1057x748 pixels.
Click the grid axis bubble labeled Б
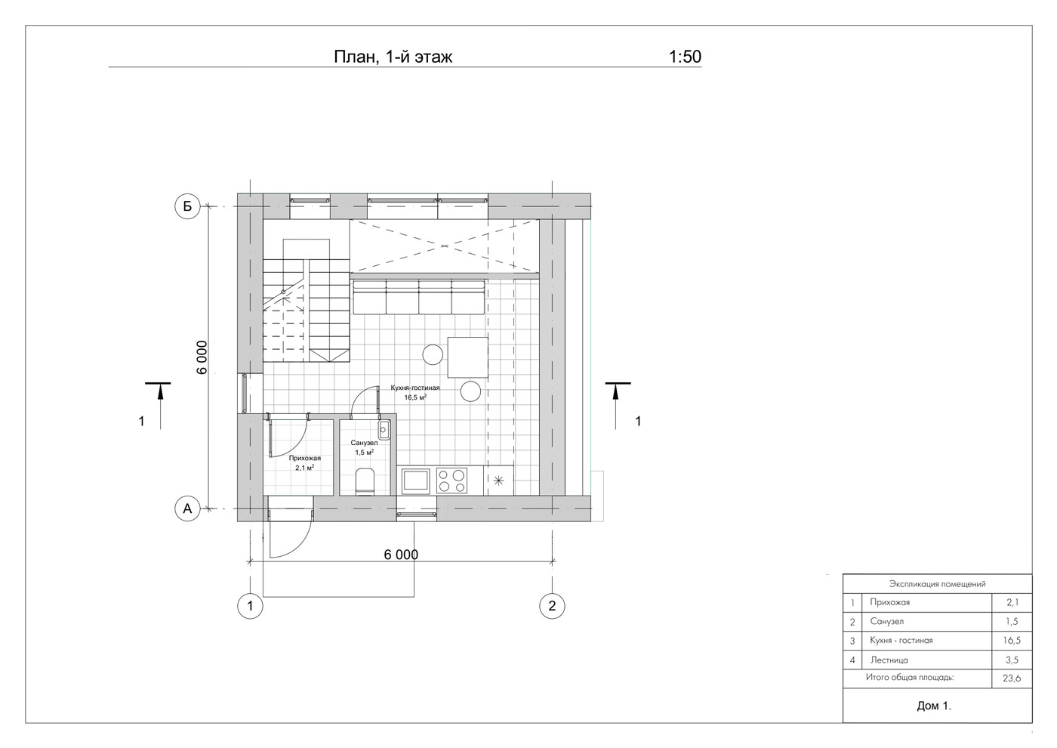pyautogui.click(x=188, y=206)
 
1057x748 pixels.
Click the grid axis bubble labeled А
pyautogui.click(x=188, y=508)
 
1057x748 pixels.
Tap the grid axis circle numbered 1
pyautogui.click(x=250, y=606)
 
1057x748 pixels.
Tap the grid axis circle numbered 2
pyautogui.click(x=552, y=606)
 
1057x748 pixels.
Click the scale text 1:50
pyautogui.click(x=685, y=57)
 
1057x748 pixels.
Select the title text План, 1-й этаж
pyautogui.click(x=393, y=57)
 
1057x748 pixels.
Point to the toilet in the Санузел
pyautogui.click(x=365, y=481)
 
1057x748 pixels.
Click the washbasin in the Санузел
pyautogui.click(x=384, y=430)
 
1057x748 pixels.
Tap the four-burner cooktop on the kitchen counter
pyautogui.click(x=451, y=481)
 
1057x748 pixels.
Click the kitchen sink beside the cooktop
pyautogui.click(x=415, y=481)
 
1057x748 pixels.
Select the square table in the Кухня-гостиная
pyautogui.click(x=467, y=357)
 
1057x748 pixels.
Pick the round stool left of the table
pyautogui.click(x=433, y=354)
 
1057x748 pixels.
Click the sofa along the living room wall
pyautogui.click(x=418, y=296)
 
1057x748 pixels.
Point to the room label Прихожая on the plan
pyautogui.click(x=305, y=458)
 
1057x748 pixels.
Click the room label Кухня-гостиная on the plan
pyautogui.click(x=415, y=388)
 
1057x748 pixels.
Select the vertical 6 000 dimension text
pyautogui.click(x=202, y=357)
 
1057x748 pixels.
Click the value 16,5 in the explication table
pyautogui.click(x=1012, y=641)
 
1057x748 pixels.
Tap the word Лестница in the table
pyautogui.click(x=889, y=660)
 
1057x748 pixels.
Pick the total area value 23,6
pyautogui.click(x=1012, y=678)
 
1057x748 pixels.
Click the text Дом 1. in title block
pyautogui.click(x=934, y=706)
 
